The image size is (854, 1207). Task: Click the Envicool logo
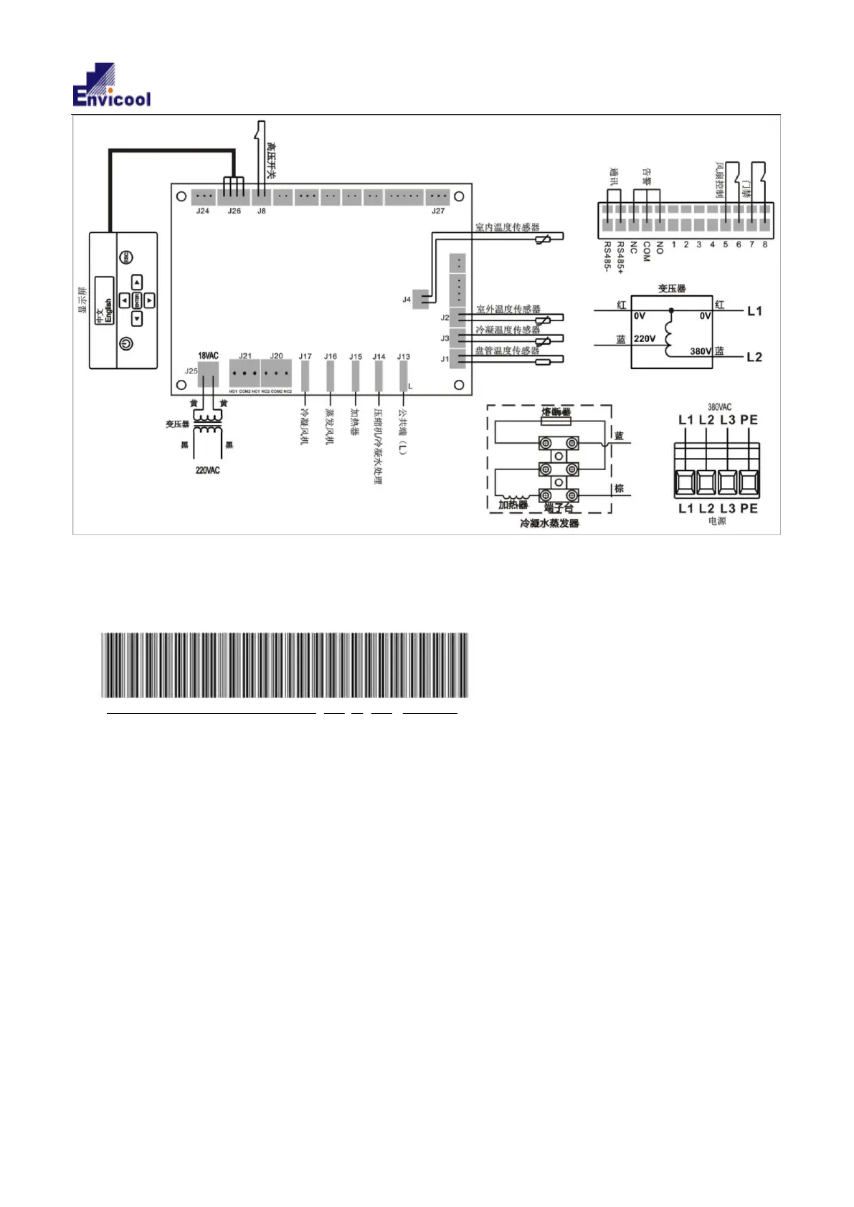point(112,85)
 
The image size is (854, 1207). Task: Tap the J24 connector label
point(203,211)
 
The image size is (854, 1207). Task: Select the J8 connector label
point(262,211)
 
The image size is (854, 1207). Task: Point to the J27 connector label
point(437,211)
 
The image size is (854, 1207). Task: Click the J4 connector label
point(407,300)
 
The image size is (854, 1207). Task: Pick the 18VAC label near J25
point(208,356)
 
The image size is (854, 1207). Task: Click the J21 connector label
point(245,356)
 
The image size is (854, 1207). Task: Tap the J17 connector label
point(305,357)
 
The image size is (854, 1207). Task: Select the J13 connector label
point(404,357)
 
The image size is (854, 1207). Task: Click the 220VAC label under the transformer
point(208,471)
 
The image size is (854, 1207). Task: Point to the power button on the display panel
point(126,344)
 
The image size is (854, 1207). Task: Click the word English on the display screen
point(109,311)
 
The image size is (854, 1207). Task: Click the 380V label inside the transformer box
point(701,351)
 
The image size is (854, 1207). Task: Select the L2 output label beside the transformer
point(754,357)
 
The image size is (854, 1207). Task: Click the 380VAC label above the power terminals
point(719,407)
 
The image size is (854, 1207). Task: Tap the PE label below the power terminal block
point(749,508)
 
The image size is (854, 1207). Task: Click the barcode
point(285,665)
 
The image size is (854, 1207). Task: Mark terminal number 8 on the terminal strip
point(765,244)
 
